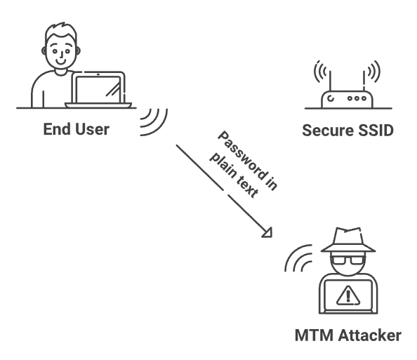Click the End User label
point(77,130)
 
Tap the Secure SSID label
point(348,131)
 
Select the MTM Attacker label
point(348,335)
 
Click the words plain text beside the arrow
point(234,175)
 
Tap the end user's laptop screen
point(98,90)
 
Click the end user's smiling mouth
point(61,62)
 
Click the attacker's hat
point(348,240)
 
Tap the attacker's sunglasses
point(348,260)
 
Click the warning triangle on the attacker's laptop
point(348,295)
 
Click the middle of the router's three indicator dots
point(357,98)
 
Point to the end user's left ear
point(44,51)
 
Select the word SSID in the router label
point(376,131)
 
